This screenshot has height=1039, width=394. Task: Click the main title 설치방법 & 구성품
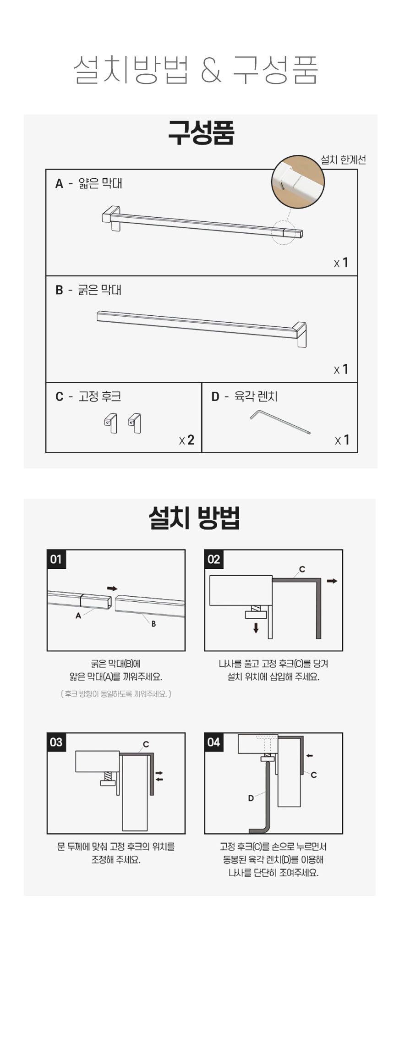(x=196, y=70)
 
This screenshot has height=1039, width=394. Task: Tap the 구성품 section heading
(x=201, y=133)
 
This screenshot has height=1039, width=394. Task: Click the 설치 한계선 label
(x=343, y=160)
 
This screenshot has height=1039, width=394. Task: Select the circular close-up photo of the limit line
(x=298, y=182)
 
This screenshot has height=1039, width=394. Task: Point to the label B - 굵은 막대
(x=88, y=290)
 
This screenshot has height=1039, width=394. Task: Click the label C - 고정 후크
(x=88, y=396)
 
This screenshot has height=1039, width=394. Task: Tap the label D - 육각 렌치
(x=244, y=396)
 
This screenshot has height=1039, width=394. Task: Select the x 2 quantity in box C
(x=187, y=440)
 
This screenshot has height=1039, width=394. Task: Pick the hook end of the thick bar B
(x=301, y=335)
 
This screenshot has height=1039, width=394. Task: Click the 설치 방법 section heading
(x=194, y=518)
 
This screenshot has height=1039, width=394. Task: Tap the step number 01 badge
(x=56, y=559)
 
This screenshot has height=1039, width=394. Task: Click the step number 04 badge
(x=214, y=742)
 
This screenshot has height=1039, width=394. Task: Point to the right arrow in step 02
(x=332, y=581)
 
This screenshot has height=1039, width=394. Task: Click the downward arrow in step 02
(x=256, y=627)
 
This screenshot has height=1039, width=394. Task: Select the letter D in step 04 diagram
(x=251, y=798)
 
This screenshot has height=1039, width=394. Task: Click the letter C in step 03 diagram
(x=146, y=744)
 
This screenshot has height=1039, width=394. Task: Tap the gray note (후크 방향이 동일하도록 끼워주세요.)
(x=116, y=694)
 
